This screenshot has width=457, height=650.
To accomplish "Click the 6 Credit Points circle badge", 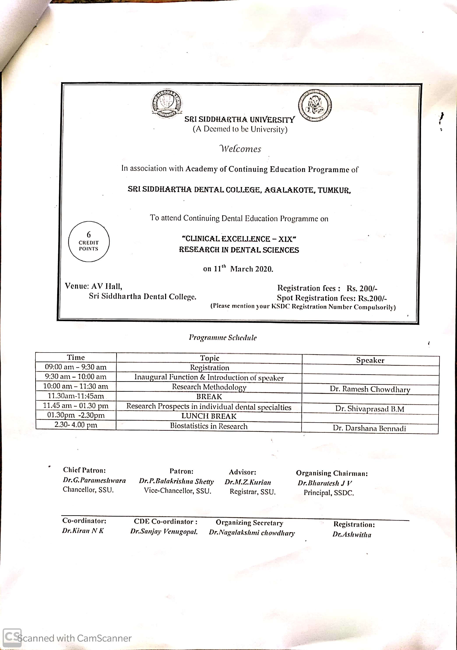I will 89,241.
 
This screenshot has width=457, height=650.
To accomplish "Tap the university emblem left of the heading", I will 167,103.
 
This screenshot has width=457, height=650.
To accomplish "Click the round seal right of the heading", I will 315,106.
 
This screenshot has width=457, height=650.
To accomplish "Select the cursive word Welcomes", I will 240,149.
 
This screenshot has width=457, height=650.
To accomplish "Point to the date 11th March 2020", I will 238,268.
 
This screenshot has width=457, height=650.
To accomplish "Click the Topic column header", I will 209,358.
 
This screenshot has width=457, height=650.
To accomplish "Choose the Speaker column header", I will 370,360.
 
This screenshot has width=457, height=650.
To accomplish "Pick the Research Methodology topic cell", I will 209,387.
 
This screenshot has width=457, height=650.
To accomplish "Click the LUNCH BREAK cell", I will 209,416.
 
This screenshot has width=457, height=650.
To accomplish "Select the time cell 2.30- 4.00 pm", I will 76,425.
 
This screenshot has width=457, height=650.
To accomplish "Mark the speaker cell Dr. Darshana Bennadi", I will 369,428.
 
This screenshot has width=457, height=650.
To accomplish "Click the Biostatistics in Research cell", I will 209,426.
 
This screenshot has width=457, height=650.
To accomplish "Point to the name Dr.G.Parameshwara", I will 94,481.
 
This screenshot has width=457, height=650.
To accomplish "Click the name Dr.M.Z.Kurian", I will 248,482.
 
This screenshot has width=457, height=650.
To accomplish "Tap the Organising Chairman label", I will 332,473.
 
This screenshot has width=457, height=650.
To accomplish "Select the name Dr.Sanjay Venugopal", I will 164,532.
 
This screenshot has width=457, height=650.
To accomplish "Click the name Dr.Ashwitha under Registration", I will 352,535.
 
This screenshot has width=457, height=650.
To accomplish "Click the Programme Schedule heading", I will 223,337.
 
